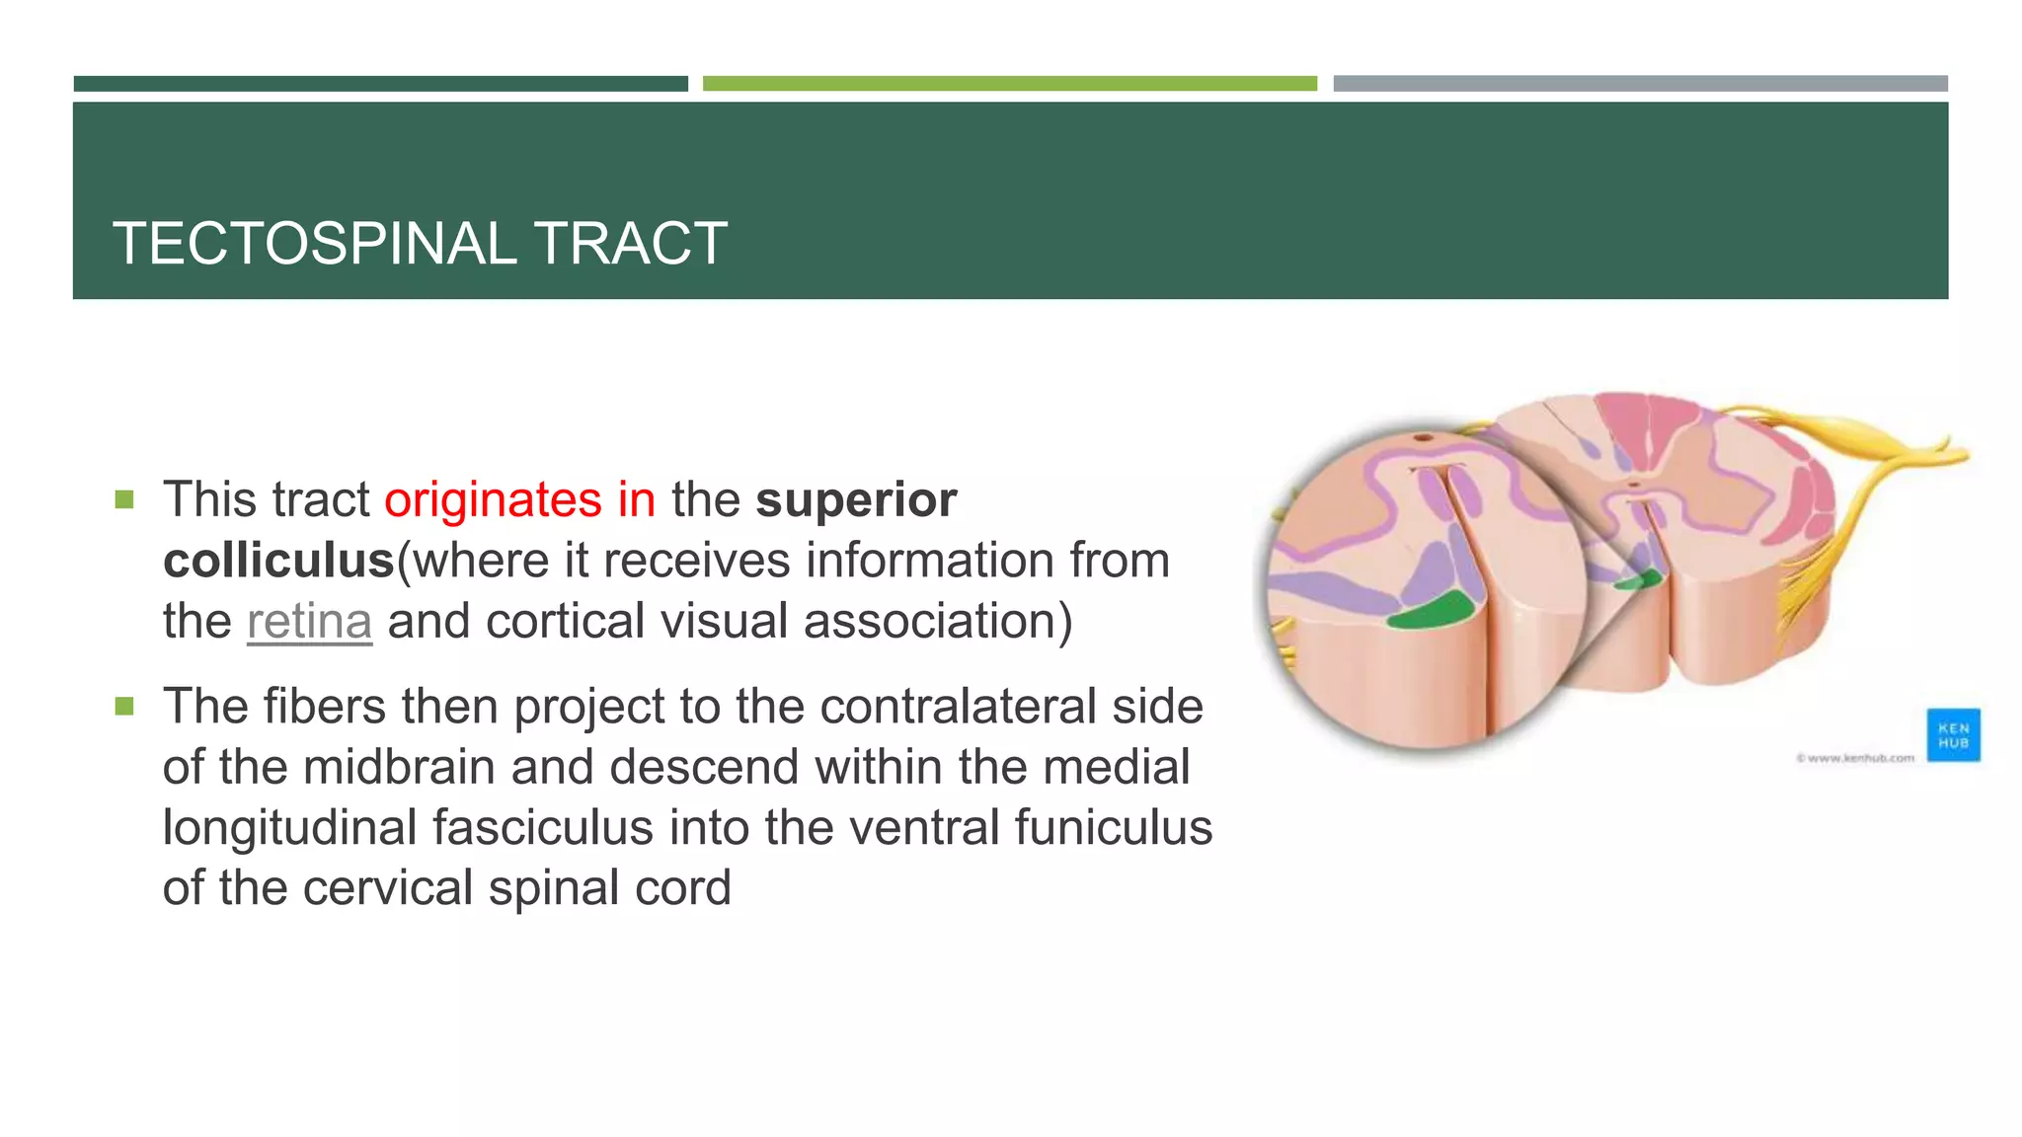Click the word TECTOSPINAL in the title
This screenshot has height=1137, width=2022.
(314, 244)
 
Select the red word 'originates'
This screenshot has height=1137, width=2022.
(493, 499)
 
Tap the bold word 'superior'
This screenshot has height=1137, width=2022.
(856, 499)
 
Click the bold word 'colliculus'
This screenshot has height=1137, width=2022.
(278, 561)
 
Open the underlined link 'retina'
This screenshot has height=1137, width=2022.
(309, 622)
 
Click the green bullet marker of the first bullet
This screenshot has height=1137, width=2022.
(124, 500)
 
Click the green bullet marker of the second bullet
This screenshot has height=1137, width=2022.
(124, 707)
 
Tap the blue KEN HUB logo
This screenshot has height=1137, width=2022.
(1952, 735)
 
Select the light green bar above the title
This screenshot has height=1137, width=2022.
(1009, 84)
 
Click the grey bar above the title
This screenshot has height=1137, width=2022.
(1640, 84)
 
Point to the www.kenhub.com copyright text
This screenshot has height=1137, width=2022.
(1855, 758)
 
